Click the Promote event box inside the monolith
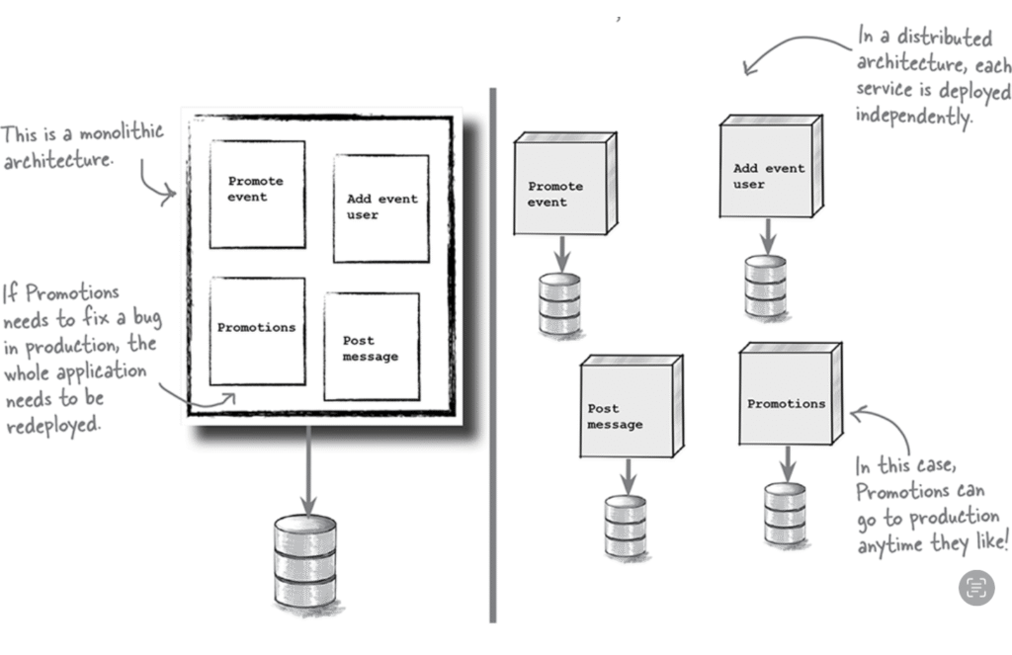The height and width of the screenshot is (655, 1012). tap(257, 194)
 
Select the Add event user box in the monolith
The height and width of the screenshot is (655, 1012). tap(380, 207)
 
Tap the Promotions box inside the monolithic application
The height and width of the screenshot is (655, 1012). tap(257, 330)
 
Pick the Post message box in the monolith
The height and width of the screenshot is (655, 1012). tap(371, 347)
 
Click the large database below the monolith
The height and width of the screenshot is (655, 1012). tap(304, 561)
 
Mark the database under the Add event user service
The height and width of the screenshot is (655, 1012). tap(765, 287)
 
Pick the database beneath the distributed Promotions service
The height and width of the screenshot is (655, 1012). tap(785, 512)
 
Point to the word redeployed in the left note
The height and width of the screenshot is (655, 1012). tap(53, 425)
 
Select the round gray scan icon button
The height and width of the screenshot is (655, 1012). tap(976, 588)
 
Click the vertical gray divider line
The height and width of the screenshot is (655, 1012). tap(491, 356)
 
